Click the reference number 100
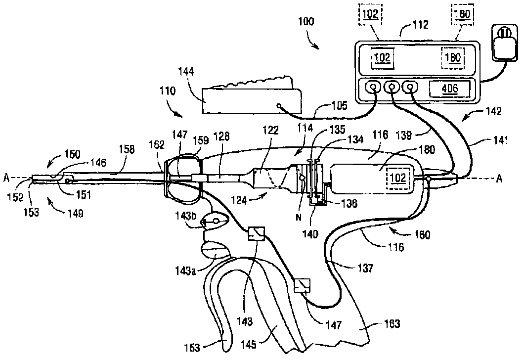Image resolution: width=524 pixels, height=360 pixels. tap(306, 22)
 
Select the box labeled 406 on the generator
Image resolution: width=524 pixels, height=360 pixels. tap(450, 89)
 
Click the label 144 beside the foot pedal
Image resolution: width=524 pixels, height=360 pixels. tap(186, 72)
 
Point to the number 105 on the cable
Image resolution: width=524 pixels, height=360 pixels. tap(340, 106)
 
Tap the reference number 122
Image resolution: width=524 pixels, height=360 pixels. tap(271, 130)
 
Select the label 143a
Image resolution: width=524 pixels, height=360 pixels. tap(185, 270)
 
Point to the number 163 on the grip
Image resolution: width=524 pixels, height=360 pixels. tap(392, 323)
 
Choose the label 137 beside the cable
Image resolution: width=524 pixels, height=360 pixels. tap(365, 268)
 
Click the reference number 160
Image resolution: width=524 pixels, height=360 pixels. tap(422, 235)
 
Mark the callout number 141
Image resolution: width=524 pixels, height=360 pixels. tap(500, 140)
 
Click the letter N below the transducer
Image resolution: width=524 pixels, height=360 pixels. tap(299, 218)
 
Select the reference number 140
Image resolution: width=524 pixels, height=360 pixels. tap(310, 234)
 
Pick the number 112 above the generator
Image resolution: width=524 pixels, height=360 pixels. tap(420, 25)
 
